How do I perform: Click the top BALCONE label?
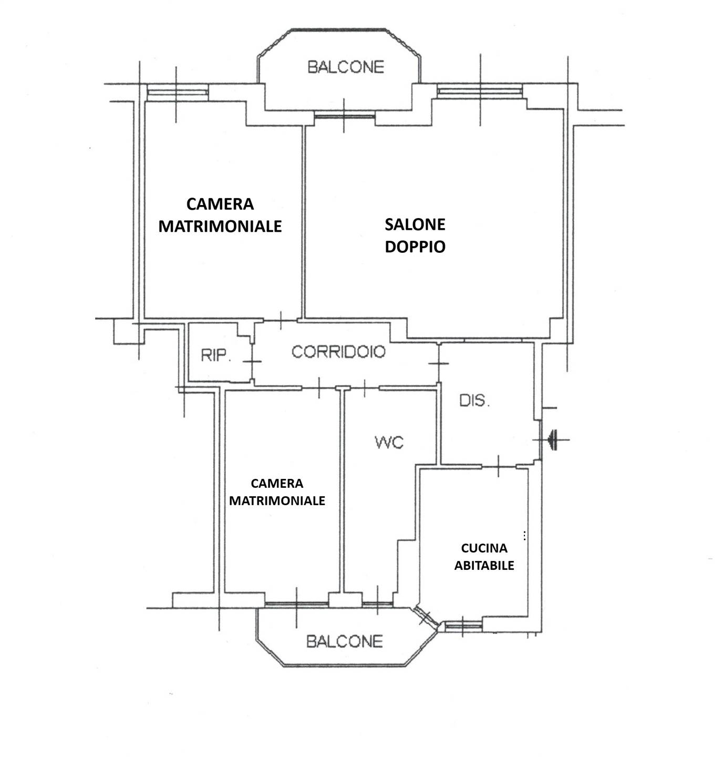346,67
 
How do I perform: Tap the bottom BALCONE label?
344,641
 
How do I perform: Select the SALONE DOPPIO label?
415,236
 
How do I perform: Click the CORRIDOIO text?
338,352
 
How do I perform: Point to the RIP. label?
216,355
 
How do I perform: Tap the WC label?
389,442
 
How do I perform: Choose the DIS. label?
474,400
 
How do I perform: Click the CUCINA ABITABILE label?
484,557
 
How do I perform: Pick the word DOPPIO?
415,247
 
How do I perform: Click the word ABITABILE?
484,565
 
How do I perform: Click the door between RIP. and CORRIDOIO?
252,361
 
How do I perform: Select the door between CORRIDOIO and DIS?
438,364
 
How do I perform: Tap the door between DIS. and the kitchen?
499,466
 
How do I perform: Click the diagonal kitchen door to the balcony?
426,617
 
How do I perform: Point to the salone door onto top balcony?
344,116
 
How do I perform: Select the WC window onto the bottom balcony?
377,603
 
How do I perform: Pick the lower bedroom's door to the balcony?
296,603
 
